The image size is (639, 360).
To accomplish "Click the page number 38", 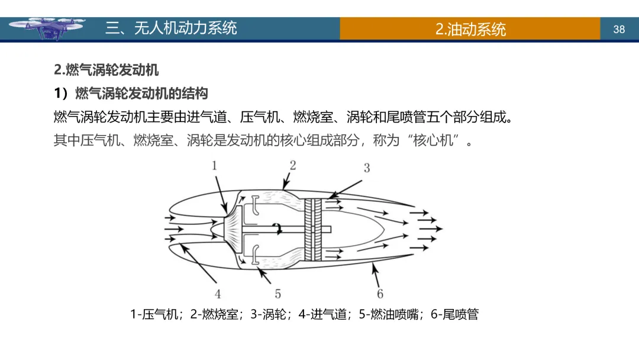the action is point(619,29).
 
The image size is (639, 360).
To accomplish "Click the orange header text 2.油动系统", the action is point(470,29).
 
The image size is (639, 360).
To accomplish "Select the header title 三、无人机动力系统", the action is point(171,28).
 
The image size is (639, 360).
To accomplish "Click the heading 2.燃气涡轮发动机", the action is point(106,70).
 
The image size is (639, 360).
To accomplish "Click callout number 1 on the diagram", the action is point(215,165).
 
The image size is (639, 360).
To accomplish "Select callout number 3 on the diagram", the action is point(366,168).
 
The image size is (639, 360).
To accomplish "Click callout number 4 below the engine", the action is point(218,294).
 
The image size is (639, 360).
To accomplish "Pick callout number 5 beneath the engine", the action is point(277,294).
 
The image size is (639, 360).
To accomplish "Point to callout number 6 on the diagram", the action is point(380,294).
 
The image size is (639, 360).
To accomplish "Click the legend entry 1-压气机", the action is point(154,314).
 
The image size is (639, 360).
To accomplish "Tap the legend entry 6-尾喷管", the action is point(454,314).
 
